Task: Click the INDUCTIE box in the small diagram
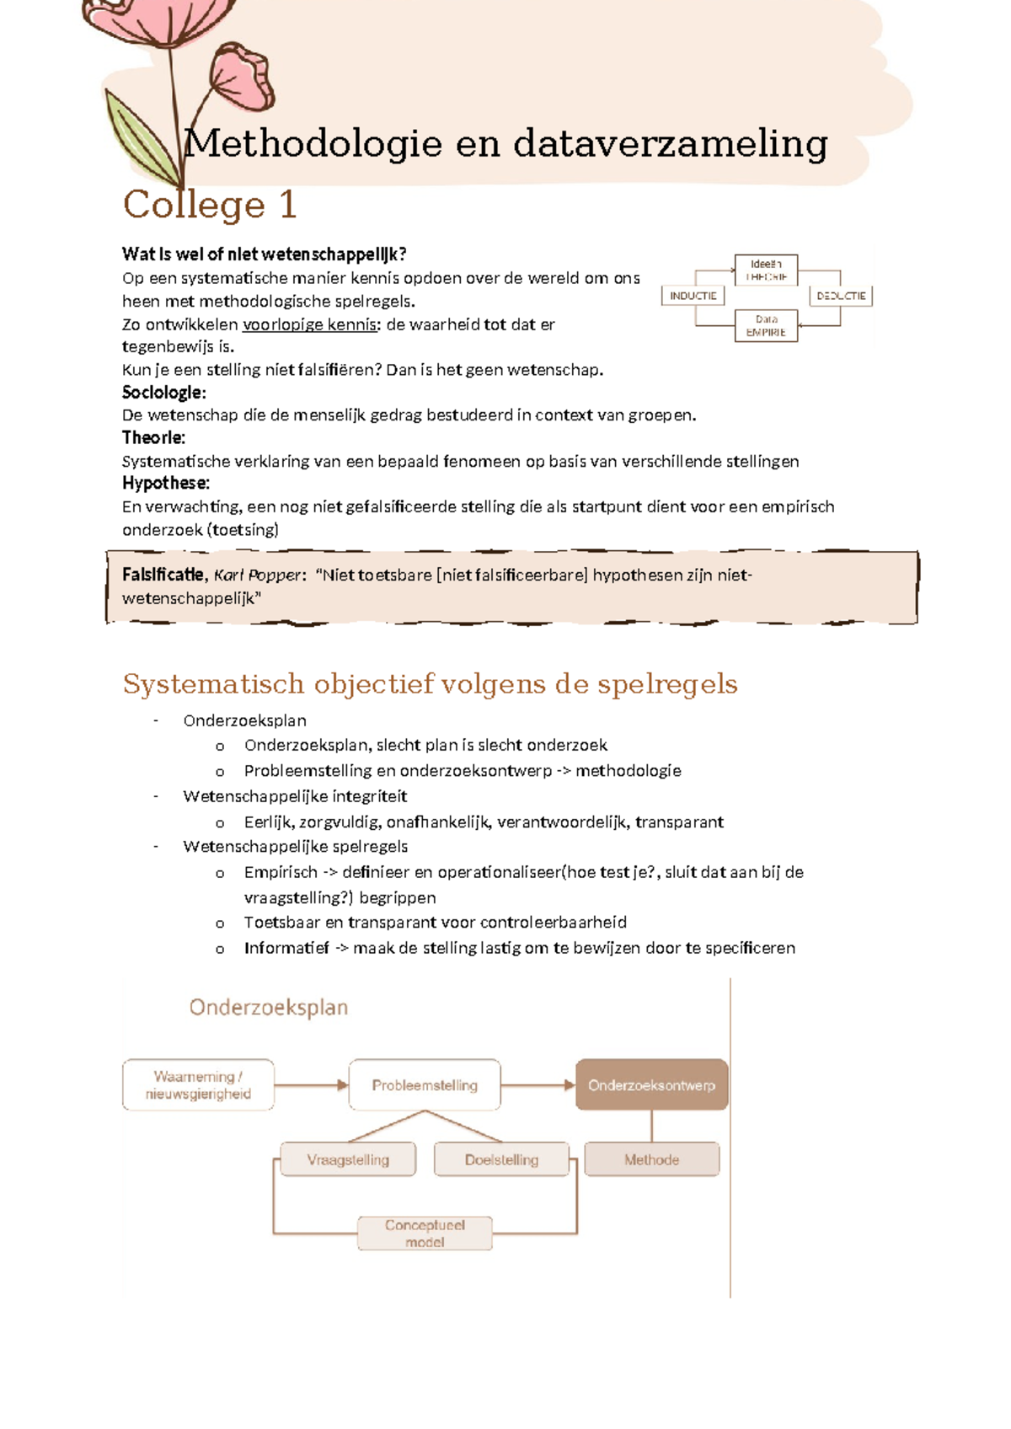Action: [x=693, y=296]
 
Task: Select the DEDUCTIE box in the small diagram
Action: [x=841, y=296]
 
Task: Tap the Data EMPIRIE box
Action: [x=766, y=326]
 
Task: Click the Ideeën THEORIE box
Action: [x=766, y=270]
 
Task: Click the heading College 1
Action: [x=210, y=205]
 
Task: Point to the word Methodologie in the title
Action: [x=313, y=143]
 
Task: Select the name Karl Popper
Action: [x=257, y=575]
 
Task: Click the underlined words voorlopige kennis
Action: [x=309, y=324]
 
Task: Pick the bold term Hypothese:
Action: [x=166, y=483]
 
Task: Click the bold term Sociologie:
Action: [x=163, y=393]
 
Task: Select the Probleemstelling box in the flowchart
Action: [x=425, y=1085]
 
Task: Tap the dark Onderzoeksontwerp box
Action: [x=651, y=1085]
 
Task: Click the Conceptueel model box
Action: [x=425, y=1234]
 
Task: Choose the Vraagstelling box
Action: [x=348, y=1159]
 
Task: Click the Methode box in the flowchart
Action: [x=651, y=1159]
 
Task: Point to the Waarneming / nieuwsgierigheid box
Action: [x=198, y=1085]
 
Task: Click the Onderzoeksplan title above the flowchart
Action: [x=268, y=1008]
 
